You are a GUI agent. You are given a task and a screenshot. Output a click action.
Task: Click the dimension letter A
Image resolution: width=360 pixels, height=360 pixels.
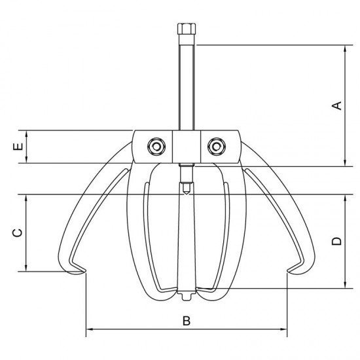tap(337, 105)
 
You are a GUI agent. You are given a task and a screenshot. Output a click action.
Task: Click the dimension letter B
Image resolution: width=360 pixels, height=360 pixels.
tap(187, 321)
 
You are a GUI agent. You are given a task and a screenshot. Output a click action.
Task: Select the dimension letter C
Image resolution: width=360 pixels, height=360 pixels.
tap(18, 233)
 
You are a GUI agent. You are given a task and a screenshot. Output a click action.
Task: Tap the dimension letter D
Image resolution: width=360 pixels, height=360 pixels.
tap(337, 241)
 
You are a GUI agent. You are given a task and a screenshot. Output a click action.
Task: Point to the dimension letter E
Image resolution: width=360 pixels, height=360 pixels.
tap(18, 147)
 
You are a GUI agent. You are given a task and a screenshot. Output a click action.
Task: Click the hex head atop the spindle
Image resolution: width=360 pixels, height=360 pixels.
tap(187, 29)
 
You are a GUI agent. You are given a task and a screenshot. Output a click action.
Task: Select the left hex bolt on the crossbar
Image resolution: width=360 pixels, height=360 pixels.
tap(156, 147)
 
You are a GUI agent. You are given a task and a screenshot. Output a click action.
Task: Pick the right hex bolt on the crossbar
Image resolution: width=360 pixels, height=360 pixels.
tap(217, 147)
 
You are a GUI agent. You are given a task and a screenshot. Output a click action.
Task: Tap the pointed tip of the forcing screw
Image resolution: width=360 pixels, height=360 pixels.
tap(187, 194)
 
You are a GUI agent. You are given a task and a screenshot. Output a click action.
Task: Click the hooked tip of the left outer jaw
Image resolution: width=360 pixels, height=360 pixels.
tap(84, 271)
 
